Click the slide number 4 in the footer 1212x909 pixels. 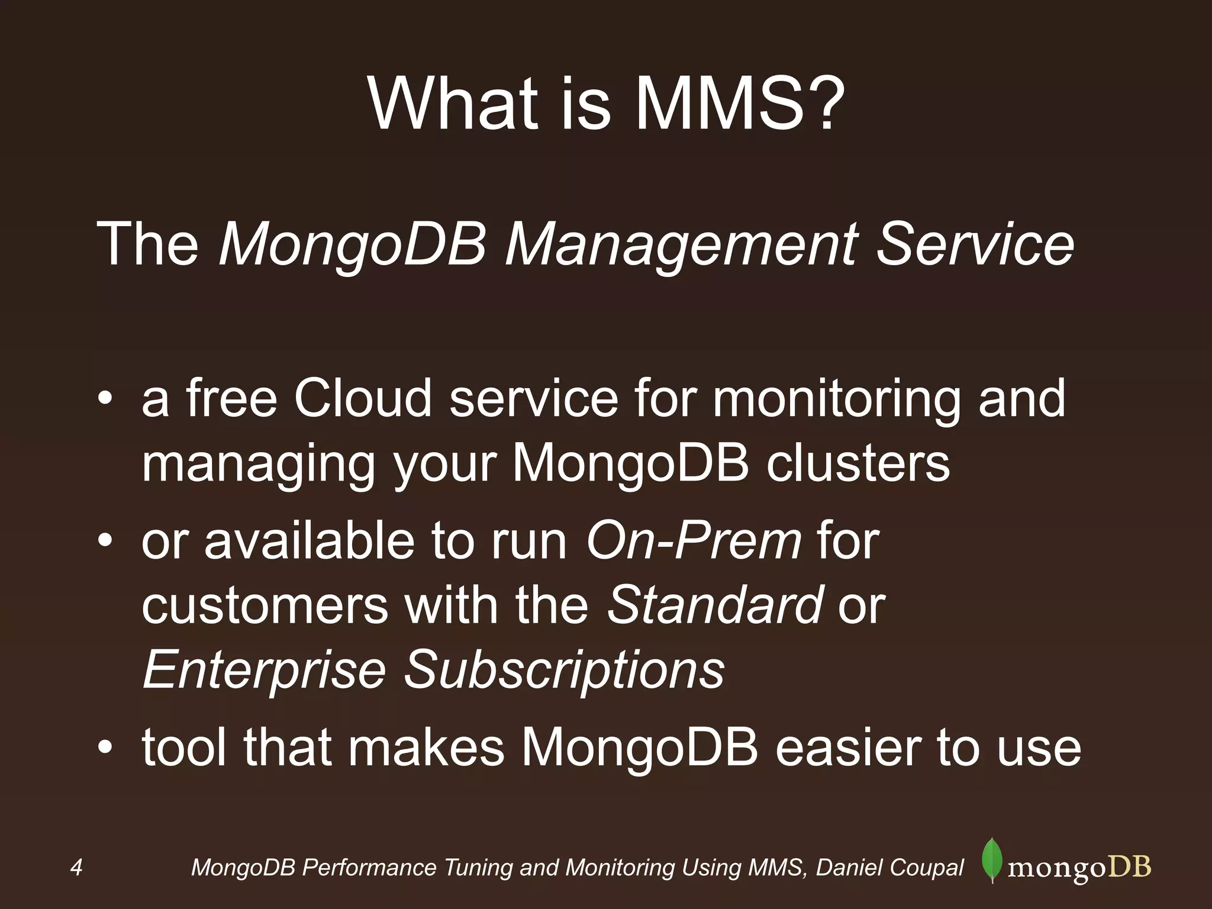pos(76,868)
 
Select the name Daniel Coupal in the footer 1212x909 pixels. pos(890,868)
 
